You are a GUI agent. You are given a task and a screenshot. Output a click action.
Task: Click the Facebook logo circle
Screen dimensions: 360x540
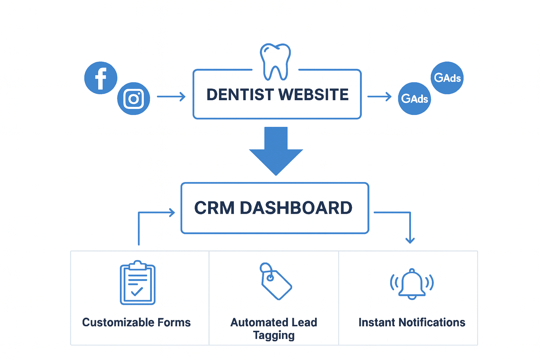(101, 78)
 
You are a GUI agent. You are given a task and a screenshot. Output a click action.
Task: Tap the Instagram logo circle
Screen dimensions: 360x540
(134, 98)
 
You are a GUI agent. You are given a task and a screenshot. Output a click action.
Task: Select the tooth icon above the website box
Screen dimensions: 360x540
(275, 62)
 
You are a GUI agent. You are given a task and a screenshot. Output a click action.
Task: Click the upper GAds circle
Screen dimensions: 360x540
(447, 78)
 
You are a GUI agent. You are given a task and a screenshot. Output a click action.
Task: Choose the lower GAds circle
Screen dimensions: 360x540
(414, 98)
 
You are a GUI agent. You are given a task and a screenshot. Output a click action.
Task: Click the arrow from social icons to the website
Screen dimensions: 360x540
(171, 96)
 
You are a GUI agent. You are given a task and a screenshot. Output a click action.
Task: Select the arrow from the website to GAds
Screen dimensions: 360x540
(379, 96)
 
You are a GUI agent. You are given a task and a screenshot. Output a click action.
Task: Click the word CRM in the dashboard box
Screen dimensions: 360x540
(214, 208)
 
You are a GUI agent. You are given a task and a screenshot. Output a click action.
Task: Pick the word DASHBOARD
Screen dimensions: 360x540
(296, 208)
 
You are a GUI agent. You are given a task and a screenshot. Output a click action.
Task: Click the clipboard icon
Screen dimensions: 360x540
(137, 283)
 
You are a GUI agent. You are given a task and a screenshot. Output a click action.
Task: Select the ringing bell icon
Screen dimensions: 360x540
(412, 284)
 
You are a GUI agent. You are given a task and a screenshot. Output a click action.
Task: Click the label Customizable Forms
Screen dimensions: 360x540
(136, 322)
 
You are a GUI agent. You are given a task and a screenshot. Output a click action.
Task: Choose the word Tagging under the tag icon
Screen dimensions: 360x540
(274, 335)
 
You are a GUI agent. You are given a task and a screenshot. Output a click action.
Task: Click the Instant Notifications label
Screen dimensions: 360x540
(412, 322)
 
